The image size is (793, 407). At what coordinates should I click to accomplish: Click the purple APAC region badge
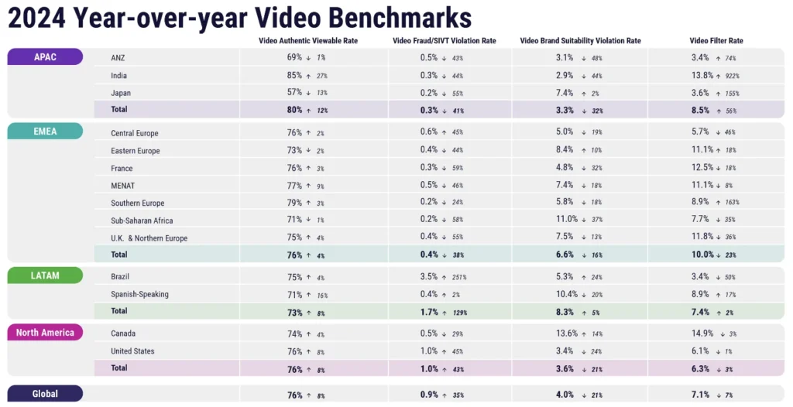coord(45,56)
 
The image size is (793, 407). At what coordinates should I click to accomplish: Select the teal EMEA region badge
coord(45,131)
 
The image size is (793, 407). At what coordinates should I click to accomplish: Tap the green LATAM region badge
coord(45,275)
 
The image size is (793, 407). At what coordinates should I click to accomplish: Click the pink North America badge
coord(45,333)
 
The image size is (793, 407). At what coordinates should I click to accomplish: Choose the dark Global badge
coord(45,394)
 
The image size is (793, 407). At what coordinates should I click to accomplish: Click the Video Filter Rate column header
coord(716,40)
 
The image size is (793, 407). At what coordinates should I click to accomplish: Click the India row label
coord(119,76)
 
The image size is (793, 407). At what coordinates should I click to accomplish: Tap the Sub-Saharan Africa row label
coord(143,221)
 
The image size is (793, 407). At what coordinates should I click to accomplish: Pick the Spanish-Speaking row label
coord(139,294)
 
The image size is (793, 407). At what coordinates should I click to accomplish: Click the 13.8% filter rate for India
coord(702,76)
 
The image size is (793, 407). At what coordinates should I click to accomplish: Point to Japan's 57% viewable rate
coord(294,93)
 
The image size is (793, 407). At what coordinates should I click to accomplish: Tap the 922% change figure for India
coord(732,76)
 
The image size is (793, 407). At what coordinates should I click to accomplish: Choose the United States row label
coord(133,351)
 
